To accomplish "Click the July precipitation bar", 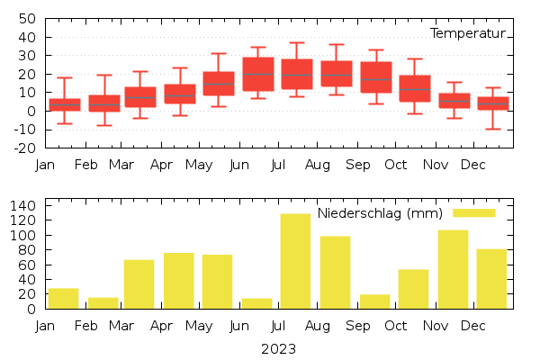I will pyautogui.click(x=295, y=261).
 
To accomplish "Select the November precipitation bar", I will pyautogui.click(x=453, y=269).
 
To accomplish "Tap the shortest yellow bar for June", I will pyautogui.click(x=256, y=303).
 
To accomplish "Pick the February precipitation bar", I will pyautogui.click(x=103, y=302).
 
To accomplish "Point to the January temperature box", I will pyautogui.click(x=65, y=104).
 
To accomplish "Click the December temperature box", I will pyautogui.click(x=492, y=103).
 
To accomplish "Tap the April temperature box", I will pyautogui.click(x=180, y=94).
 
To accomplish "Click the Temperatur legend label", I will pyautogui.click(x=467, y=33).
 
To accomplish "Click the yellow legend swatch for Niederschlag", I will pyautogui.click(x=473, y=212).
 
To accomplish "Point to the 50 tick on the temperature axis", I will pyautogui.click(x=27, y=19).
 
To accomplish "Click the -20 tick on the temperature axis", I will pyautogui.click(x=24, y=148).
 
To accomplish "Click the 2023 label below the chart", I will pyautogui.click(x=278, y=348).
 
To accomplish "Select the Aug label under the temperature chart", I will pyautogui.click(x=317, y=166).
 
